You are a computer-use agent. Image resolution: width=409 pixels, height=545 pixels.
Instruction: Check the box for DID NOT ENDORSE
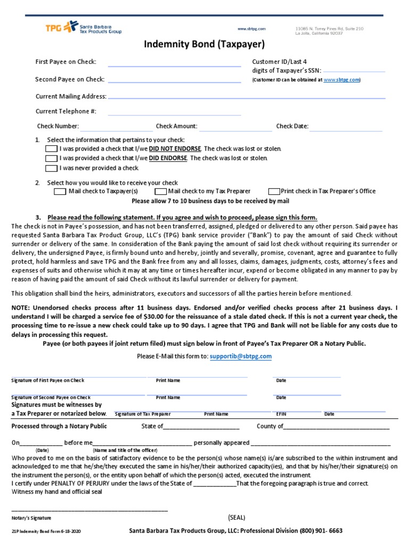51,149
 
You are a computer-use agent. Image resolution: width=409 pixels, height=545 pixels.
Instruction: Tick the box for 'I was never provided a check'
51,168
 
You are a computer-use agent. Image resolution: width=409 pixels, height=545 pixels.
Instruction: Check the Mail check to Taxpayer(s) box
60,192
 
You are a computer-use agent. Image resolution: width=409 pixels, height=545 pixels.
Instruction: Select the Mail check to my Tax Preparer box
160,192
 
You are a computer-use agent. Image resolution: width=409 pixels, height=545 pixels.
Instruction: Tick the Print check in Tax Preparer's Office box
274,192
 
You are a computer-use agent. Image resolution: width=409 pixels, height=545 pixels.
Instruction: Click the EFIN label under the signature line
281,414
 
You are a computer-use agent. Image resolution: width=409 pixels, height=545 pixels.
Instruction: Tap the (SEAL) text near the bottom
237,517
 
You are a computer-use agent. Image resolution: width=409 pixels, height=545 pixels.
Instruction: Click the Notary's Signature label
31,518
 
